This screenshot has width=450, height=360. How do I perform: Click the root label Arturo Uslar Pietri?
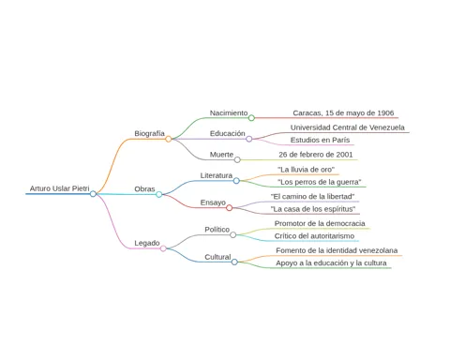59,188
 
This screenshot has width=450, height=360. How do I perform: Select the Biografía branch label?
149,133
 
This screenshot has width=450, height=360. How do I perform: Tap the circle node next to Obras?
159,194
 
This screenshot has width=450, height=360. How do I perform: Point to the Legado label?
147,243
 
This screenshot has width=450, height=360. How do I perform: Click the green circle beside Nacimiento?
251,118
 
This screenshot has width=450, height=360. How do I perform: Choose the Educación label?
228,133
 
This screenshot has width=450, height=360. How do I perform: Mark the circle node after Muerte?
237,159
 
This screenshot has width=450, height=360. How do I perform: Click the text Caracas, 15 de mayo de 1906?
343,112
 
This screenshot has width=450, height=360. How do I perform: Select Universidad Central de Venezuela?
348,127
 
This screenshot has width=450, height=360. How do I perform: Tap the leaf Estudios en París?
320,140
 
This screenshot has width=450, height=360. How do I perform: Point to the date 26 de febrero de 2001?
316,155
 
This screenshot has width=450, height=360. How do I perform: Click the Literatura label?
217,175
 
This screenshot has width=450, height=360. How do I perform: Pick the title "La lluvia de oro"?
306,170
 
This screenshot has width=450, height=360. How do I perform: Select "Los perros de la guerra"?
320,182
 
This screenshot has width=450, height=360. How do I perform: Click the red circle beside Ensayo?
230,208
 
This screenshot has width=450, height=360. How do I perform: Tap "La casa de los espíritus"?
313,209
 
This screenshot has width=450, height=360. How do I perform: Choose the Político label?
217,230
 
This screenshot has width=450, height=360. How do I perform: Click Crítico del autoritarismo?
314,236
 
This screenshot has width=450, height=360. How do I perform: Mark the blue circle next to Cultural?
234,262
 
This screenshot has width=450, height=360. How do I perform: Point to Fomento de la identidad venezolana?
337,250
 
